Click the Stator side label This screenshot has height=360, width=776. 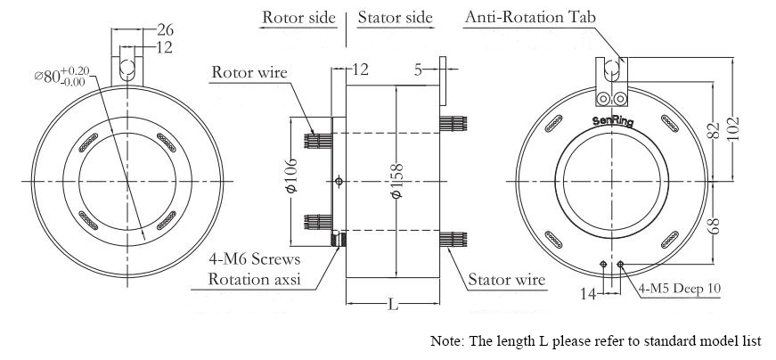click(395, 17)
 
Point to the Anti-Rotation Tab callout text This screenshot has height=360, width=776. click(531, 17)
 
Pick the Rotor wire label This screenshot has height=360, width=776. click(249, 71)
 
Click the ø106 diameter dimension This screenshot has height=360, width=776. click(291, 176)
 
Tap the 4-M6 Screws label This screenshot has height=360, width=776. click(255, 259)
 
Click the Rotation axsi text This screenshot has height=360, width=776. click(254, 278)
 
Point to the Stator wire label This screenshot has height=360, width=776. click(506, 280)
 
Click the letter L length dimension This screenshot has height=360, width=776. click(392, 305)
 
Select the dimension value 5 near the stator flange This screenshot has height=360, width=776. click(417, 70)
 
